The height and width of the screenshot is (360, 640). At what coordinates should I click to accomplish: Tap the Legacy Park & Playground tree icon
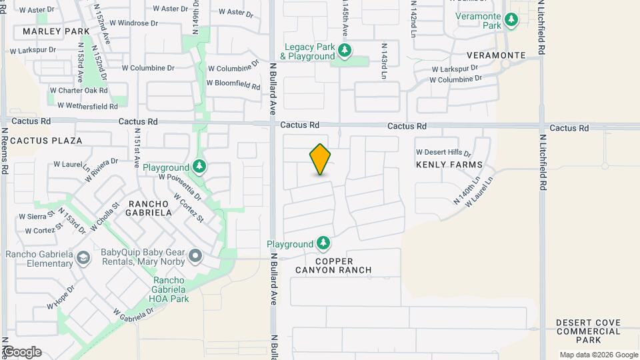345,51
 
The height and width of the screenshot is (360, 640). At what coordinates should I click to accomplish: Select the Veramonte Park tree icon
511,20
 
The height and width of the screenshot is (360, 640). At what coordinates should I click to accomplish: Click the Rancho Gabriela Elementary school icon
83,257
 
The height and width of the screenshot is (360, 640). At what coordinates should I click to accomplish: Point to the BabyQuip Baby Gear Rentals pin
195,256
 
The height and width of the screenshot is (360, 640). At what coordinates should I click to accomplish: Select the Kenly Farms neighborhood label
449,164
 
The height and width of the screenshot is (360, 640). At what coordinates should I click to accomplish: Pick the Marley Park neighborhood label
55,31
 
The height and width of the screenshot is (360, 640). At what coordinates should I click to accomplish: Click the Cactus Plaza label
47,141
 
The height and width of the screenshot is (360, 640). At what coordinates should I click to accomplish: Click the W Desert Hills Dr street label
444,151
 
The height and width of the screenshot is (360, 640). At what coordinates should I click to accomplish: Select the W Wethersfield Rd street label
87,105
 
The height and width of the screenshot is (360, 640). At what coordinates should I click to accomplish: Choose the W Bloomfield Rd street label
233,85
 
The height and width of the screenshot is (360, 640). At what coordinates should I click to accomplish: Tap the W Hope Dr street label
60,297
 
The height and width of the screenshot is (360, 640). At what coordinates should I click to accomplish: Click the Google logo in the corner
22,352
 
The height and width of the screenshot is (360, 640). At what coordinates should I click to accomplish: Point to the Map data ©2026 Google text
599,355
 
